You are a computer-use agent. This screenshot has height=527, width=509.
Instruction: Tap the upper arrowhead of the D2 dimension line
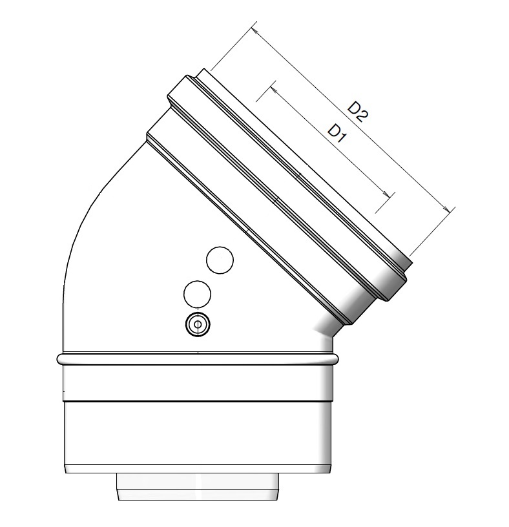point(256,30)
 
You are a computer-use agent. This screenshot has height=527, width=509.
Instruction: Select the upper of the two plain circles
point(219,260)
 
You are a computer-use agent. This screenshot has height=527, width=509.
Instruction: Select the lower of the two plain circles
point(198,294)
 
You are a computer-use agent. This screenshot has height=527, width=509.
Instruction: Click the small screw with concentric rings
point(198,324)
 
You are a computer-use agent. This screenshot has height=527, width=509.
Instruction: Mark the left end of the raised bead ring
point(60,358)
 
